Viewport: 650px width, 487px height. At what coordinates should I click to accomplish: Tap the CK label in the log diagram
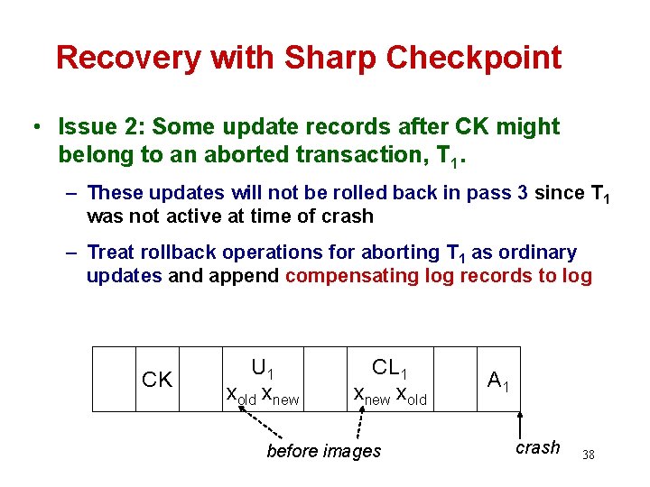tap(157, 381)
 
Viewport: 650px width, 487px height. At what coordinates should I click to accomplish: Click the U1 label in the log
tap(264, 368)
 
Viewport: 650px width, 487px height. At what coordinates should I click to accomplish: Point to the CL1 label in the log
tap(390, 368)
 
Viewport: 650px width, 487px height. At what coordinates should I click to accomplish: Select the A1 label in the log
tap(497, 381)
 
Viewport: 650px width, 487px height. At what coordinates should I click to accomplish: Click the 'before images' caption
tap(324, 451)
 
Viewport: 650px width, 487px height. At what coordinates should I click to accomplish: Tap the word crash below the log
tap(538, 448)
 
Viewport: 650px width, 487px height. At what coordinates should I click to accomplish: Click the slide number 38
tap(589, 455)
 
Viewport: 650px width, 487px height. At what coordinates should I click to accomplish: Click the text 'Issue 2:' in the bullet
tap(97, 127)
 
